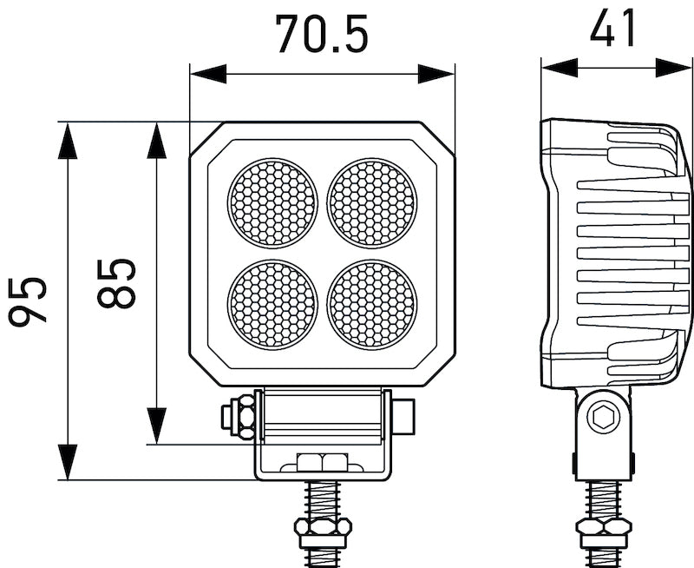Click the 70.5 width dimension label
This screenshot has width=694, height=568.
coord(322,33)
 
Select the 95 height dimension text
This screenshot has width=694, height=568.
coord(28,301)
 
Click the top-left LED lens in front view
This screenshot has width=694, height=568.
coord(272,202)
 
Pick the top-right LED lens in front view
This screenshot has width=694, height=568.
coord(372,202)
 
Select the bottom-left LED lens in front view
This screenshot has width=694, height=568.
coord(272,302)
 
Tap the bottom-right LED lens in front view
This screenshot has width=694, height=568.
coord(372,302)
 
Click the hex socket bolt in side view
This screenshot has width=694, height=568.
coord(601,419)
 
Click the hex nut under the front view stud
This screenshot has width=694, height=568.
coord(322,528)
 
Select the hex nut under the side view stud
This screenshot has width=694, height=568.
coord(603,528)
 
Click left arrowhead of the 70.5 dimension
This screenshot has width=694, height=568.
coord(207,74)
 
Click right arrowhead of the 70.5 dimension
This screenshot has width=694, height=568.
coord(436,74)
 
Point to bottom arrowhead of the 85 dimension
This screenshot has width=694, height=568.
coord(157,426)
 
